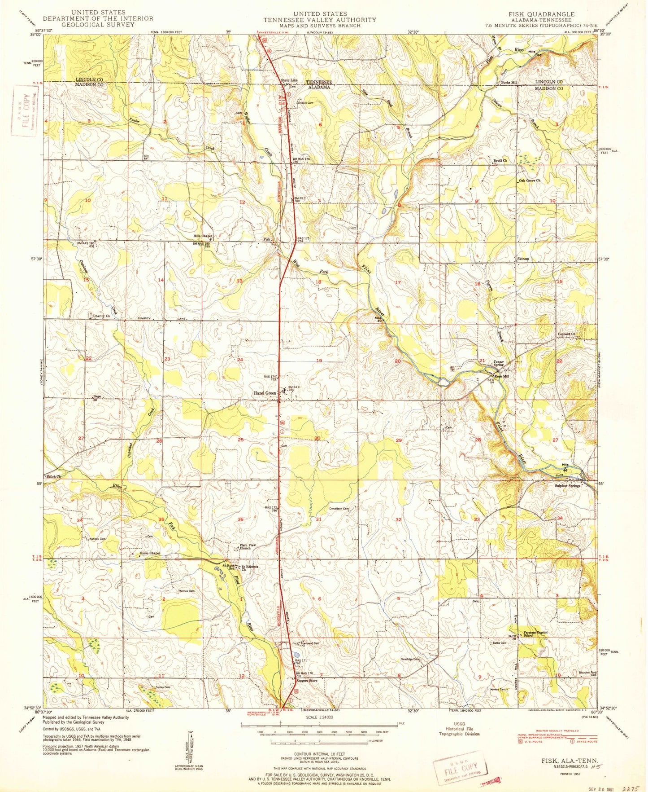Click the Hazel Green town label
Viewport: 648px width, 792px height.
pyautogui.click(x=265, y=393)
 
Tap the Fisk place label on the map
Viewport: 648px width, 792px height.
pyautogui.click(x=267, y=239)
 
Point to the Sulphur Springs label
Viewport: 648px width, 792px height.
pyautogui.click(x=567, y=486)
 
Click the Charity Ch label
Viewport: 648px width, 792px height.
pyautogui.click(x=101, y=316)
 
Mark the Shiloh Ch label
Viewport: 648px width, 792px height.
pyautogui.click(x=53, y=476)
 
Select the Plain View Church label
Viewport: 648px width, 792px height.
pyautogui.click(x=248, y=546)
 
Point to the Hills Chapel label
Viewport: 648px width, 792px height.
pyautogui.click(x=202, y=236)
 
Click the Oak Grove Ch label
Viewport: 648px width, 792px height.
pyautogui.click(x=530, y=180)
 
